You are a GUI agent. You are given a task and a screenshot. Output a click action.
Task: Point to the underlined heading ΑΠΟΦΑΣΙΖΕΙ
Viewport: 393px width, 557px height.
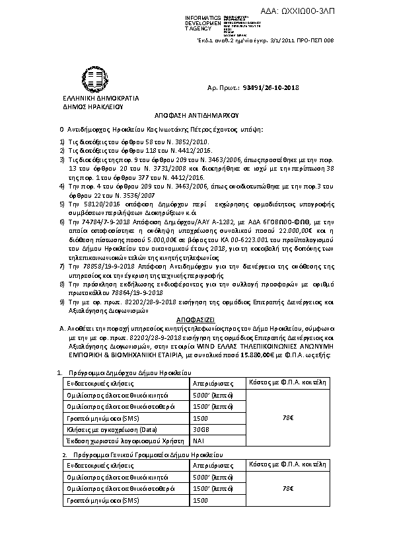(196, 317)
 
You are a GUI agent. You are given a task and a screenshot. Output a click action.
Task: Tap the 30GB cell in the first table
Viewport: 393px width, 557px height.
(200, 429)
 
